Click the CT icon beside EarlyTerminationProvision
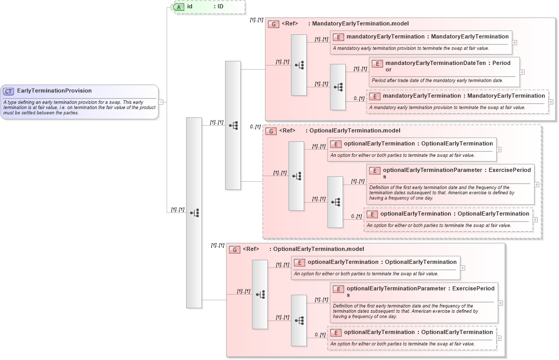coord(8,91)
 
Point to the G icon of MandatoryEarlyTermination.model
coord(274,24)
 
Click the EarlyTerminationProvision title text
coord(54,91)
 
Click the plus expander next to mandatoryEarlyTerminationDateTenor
coord(522,73)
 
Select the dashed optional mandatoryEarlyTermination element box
coord(457,101)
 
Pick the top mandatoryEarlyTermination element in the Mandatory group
coord(421,42)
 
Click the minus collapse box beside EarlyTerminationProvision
coord(161,102)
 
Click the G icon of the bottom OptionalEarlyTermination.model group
coord(235,249)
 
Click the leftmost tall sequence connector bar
coord(194,212)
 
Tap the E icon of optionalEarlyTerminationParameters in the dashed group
coord(374,170)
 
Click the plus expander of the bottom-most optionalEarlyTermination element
coord(499,338)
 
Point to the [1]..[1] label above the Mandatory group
coord(256,20)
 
